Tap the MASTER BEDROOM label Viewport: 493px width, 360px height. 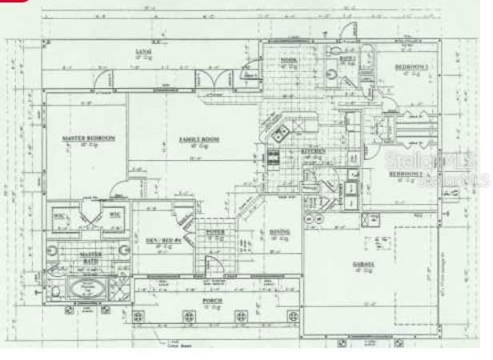click(89, 138)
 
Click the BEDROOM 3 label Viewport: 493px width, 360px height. click(412, 66)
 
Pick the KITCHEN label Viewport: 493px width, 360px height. click(311, 150)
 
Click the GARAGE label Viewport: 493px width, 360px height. click(365, 263)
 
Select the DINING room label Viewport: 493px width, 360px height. click(279, 232)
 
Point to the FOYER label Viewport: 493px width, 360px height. click(215, 231)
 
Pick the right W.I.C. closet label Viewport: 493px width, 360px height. click(114, 214)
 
